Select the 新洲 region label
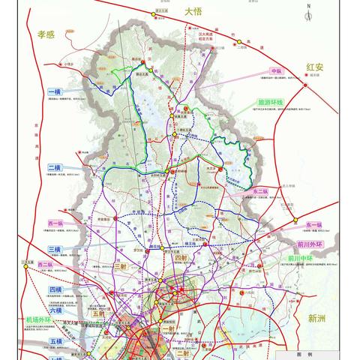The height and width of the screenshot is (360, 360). pyautogui.click(x=319, y=318)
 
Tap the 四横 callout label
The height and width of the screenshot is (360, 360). pyautogui.click(x=55, y=289)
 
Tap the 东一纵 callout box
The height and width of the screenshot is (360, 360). pyautogui.click(x=313, y=224)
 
